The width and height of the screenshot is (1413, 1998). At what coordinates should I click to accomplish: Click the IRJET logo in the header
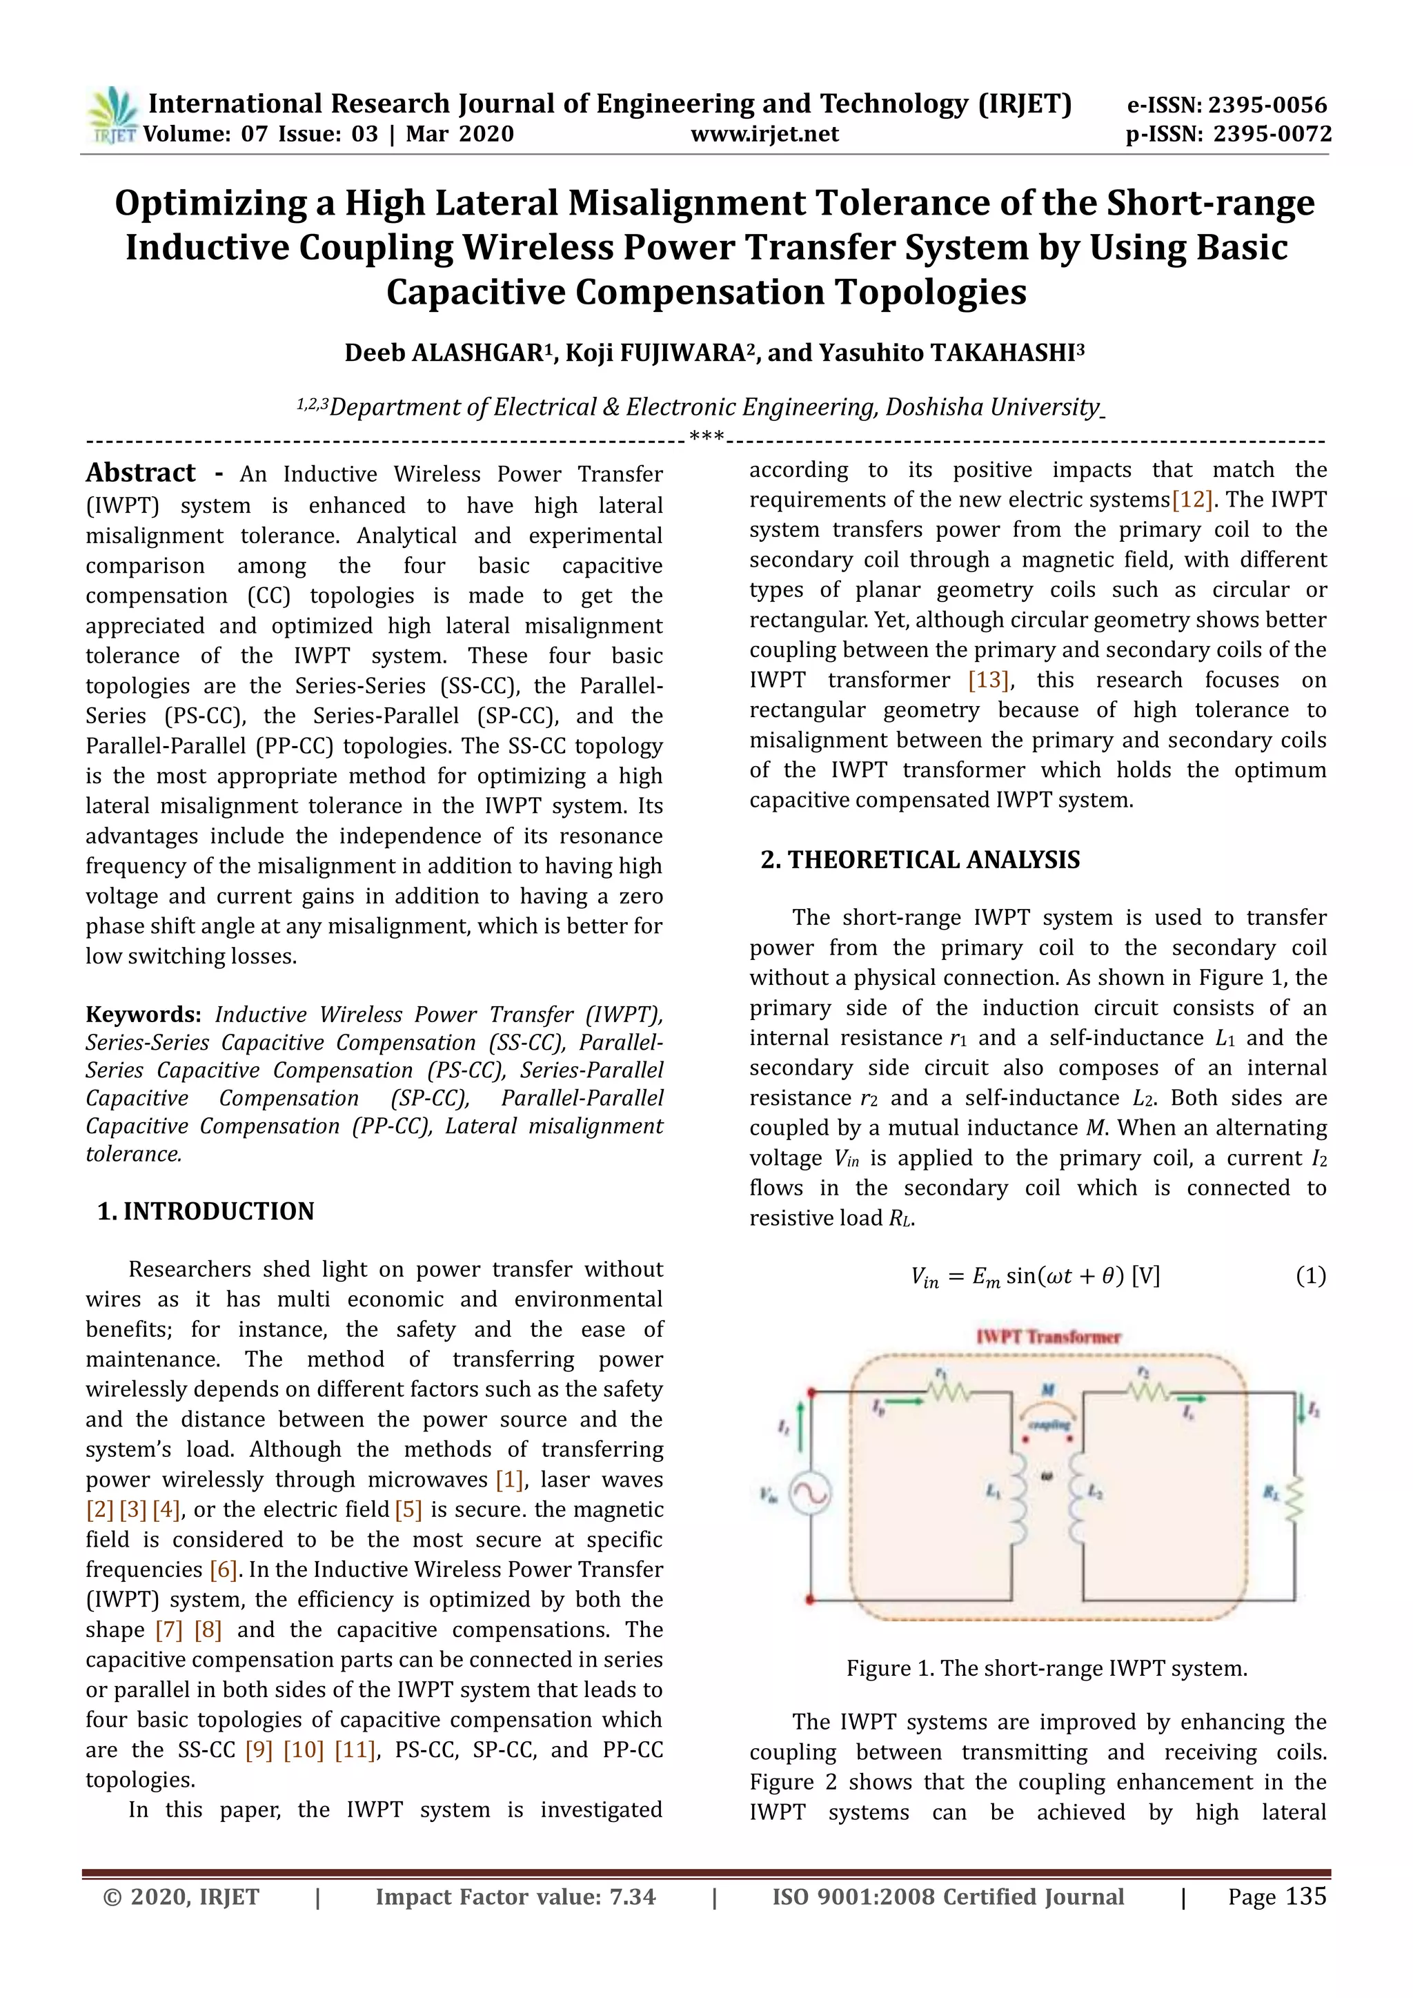(x=112, y=116)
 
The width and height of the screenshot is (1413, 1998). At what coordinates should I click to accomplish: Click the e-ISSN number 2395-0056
(x=1267, y=106)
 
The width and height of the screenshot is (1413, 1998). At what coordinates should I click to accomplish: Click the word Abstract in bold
(x=141, y=473)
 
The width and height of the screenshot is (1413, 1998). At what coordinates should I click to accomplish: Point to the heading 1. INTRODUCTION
(x=206, y=1211)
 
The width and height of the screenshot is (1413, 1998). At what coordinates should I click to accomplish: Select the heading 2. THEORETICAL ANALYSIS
(x=920, y=860)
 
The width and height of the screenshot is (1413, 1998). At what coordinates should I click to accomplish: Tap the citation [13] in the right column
(x=989, y=680)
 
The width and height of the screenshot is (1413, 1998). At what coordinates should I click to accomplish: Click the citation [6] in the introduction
(x=224, y=1570)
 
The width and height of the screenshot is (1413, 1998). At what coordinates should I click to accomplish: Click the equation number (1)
(x=1310, y=1277)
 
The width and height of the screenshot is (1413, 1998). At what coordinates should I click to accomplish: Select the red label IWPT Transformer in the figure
(x=1049, y=1338)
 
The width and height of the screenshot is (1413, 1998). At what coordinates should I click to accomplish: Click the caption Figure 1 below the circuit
(x=1047, y=1669)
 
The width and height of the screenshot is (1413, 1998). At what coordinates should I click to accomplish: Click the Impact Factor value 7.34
(x=633, y=1898)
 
